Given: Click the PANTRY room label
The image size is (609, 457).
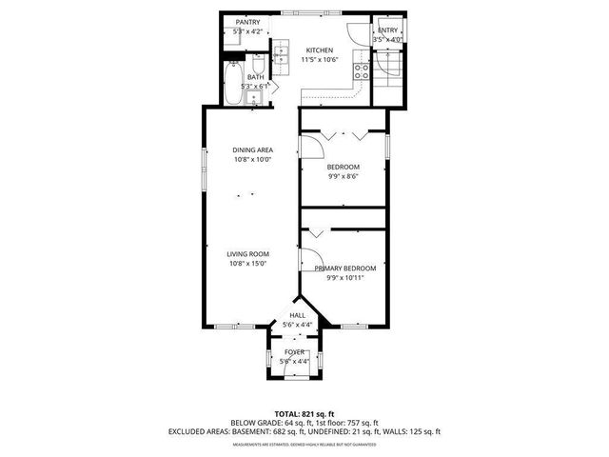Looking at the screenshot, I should pos(247,22).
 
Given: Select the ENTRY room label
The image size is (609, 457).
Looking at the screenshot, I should pos(387,30).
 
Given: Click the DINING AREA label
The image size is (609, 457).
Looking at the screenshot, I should pos(252,149).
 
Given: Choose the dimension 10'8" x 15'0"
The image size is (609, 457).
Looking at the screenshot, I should pos(247,264).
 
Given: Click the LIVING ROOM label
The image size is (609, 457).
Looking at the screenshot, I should pos(247,253).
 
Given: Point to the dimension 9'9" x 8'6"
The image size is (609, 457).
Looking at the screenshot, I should pos(344,176).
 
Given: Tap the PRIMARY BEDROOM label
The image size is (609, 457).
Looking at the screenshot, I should pos(344,268).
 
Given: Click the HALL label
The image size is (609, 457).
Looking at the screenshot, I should pos(297,314).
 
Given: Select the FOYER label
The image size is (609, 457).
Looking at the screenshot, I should pos(295,352).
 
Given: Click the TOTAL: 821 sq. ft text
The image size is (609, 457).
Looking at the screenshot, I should pos(304,413).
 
